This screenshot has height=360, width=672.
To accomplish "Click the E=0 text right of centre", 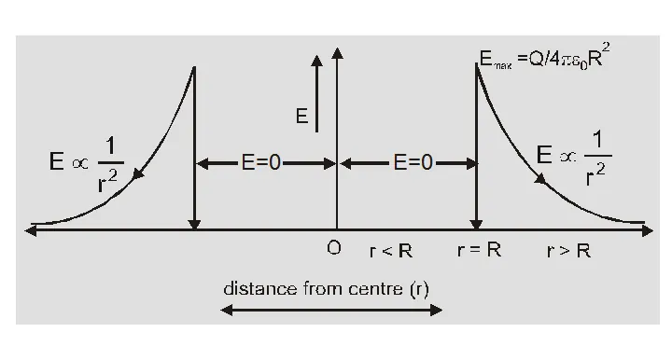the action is point(408,162).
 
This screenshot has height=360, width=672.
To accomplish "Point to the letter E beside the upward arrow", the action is point(301,117).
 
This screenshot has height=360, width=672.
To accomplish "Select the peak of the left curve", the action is point(194,67).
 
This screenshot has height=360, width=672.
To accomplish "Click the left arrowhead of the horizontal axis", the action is point(34,228).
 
